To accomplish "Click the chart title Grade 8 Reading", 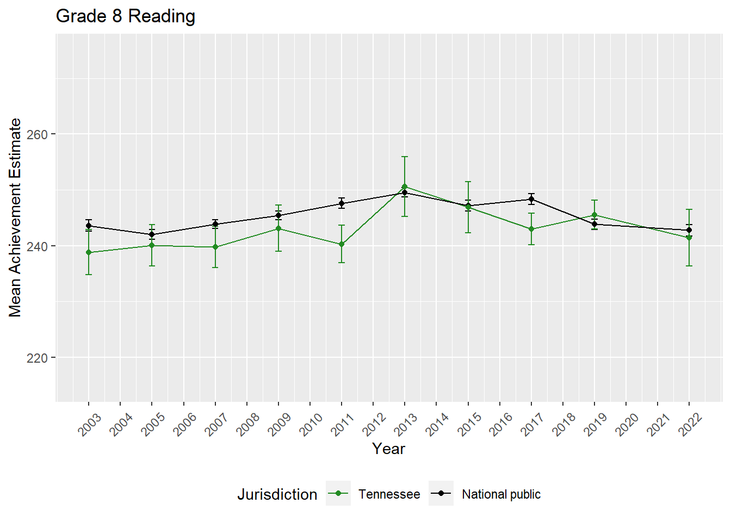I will point(126,16).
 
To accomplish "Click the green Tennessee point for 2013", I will point(405,187).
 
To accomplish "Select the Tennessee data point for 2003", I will point(89,252).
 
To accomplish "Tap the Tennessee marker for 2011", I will point(342,244).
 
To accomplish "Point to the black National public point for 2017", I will point(531,199).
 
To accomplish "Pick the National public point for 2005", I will point(152,234).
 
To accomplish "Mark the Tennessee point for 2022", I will point(689,238).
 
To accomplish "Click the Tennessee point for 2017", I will point(531,229).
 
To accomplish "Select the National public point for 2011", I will point(342,203).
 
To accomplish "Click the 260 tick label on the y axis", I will point(37,134).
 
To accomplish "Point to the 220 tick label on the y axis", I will point(37,358).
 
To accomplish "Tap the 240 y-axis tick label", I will point(37,246).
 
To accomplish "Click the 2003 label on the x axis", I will point(90,424).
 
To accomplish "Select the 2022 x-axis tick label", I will point(691,424).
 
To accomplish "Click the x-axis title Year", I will point(388,449).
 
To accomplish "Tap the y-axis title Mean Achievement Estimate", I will point(15,217).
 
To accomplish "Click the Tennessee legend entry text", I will point(389,494).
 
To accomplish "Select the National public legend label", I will point(501,494).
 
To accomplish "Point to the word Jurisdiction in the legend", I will point(277,494).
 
